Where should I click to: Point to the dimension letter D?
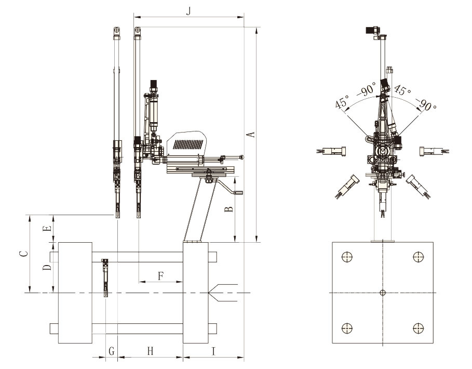(47, 267)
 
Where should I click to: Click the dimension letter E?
(47, 229)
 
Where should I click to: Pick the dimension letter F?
(161, 275)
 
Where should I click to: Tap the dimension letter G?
(111, 351)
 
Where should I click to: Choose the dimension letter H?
(150, 351)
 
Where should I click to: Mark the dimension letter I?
(213, 351)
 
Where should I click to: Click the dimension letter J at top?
(188, 11)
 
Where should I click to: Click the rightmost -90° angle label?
(425, 104)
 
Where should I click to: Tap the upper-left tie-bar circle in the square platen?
(347, 257)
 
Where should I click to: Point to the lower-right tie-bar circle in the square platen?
(418, 328)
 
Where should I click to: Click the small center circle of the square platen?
(383, 293)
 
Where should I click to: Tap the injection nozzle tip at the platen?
(208, 293)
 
